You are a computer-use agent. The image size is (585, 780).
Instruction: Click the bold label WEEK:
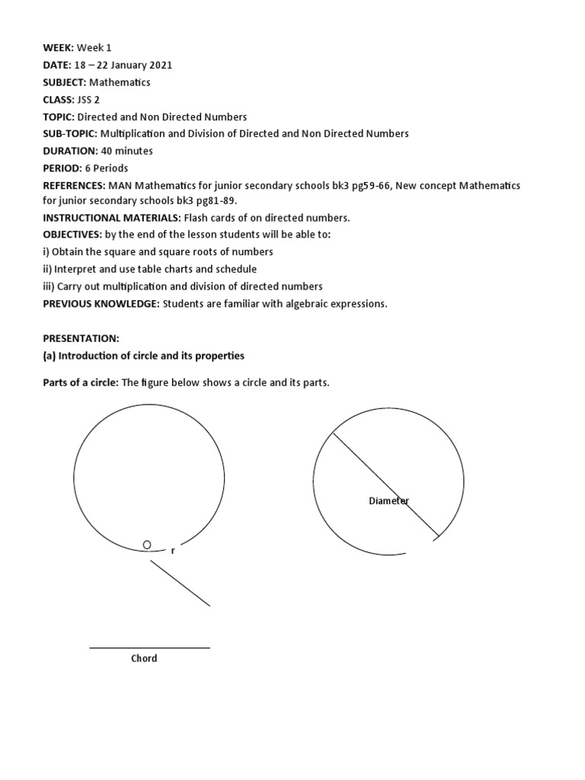coord(58,47)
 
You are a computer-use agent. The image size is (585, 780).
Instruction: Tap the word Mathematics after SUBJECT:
coord(120,82)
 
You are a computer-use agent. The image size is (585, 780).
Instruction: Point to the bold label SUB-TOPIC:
coord(70,133)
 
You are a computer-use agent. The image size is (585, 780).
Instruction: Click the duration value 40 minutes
coord(127,151)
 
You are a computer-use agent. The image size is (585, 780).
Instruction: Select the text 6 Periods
coord(107,168)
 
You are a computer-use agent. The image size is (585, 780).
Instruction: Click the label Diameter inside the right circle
coord(388,500)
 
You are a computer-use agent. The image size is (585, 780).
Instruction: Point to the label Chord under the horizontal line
coord(144,658)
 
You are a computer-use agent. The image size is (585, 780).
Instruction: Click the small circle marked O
coord(147,545)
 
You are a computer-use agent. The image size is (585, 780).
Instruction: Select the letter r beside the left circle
coord(173,550)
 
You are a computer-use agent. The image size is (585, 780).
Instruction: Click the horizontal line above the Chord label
coord(149,648)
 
